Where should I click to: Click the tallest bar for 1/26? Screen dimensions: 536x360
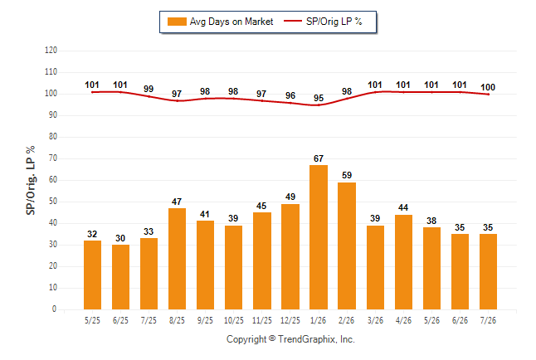319,237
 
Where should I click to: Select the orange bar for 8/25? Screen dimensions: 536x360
177,259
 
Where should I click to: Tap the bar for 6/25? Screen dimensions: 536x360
120,277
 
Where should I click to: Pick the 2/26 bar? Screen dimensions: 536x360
347,246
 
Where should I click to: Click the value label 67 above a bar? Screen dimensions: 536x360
319,158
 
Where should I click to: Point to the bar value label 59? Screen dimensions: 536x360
347,175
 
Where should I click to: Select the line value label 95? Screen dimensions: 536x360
319,98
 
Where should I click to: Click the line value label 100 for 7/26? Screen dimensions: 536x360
488,88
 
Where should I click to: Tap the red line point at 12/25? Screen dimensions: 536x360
290,103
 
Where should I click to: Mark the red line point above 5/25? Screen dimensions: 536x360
92,92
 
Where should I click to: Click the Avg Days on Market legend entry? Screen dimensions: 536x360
221,22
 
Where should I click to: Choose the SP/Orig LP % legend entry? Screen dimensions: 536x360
323,22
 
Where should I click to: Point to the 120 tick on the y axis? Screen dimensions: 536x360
51,51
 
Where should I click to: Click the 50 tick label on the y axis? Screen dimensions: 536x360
53,202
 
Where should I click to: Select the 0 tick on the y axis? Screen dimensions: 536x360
55,309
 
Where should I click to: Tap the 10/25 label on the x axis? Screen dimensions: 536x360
234,320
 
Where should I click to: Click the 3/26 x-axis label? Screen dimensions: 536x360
375,320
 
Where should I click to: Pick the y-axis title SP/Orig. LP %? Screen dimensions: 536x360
31,180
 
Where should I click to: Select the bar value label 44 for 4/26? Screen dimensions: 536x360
403,208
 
